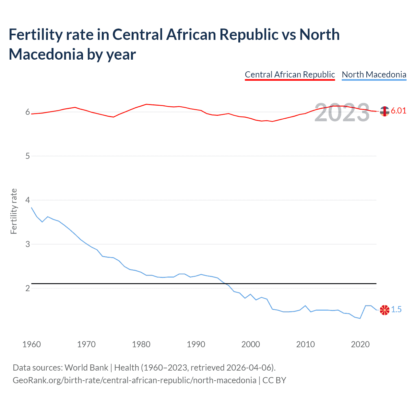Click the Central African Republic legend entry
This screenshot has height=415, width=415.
(x=290, y=75)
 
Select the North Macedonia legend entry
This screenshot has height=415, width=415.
(x=374, y=75)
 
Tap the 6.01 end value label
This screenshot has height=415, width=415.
(x=398, y=111)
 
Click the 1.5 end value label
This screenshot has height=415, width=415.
(x=396, y=310)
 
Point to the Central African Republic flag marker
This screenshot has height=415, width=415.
(x=385, y=111)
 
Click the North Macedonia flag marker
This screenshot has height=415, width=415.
(x=385, y=310)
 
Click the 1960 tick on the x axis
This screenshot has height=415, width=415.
(x=31, y=344)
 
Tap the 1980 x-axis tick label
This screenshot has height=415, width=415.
(x=141, y=344)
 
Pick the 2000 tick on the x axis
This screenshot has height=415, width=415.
(x=251, y=344)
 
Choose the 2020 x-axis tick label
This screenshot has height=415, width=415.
(x=360, y=344)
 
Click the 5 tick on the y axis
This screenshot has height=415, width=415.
(x=28, y=156)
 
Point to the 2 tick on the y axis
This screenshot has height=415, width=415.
(x=28, y=288)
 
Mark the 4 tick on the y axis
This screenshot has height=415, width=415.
(x=28, y=200)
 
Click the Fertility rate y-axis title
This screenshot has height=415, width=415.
(x=14, y=211)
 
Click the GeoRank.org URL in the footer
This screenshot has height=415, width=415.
(x=134, y=380)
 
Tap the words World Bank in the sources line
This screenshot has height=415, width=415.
(x=86, y=368)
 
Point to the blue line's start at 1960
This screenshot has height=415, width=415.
(x=31, y=207)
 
